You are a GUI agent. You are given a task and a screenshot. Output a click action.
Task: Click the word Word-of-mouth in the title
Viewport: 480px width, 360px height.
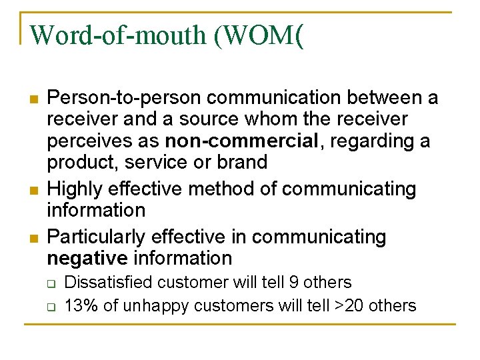coord(119,35)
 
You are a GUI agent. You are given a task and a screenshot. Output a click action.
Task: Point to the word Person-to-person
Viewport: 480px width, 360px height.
coord(124,99)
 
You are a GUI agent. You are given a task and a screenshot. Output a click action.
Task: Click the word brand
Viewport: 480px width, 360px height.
coord(242,162)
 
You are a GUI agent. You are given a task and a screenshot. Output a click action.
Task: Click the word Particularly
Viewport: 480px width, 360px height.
coord(97,237)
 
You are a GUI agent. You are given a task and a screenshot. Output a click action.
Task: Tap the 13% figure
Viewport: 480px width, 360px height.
coord(79,306)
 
